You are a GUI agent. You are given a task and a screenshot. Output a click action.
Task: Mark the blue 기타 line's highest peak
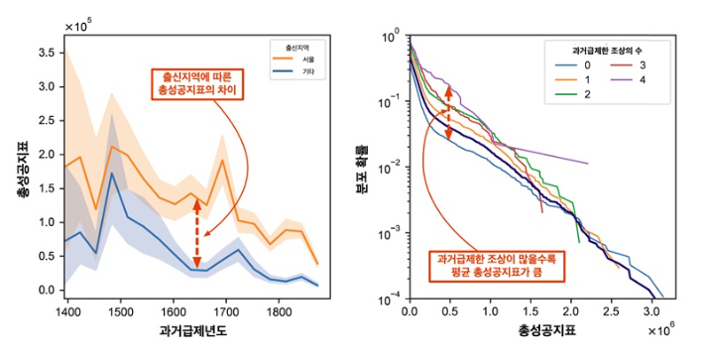(112, 174)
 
